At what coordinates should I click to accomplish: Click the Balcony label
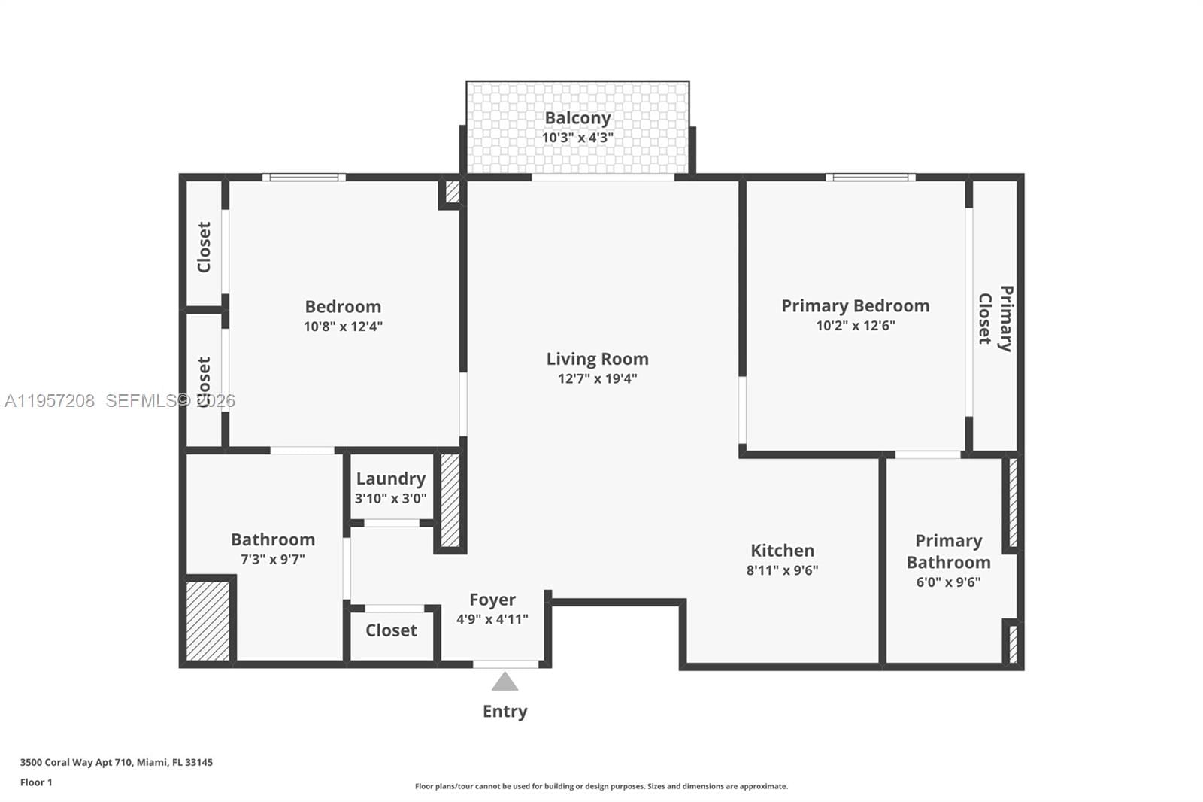pos(577,118)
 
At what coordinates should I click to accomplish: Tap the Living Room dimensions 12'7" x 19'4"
pos(597,378)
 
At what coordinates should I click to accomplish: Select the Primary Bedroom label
pos(855,305)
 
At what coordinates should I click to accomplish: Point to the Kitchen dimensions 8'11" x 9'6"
pos(782,570)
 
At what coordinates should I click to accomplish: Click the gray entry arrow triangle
pos(505,682)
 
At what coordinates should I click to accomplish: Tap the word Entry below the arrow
pos(505,711)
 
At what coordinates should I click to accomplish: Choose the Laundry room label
pos(390,478)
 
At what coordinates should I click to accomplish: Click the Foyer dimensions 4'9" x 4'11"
pos(492,619)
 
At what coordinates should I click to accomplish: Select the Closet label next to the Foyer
pos(391,630)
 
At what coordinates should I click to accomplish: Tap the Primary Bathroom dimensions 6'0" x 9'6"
pos(948,582)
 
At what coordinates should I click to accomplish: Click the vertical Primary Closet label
pos(995,317)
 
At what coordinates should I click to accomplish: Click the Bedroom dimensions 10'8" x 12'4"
pos(343,327)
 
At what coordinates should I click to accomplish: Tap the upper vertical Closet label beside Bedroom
pos(204,247)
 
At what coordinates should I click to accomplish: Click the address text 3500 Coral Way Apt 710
pos(116,762)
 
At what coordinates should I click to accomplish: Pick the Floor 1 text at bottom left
pos(36,782)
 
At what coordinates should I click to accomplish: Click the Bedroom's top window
pos(304,178)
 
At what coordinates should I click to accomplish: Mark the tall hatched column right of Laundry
pos(450,500)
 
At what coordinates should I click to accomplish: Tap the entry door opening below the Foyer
pos(505,664)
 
